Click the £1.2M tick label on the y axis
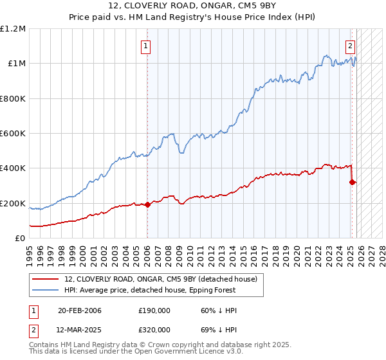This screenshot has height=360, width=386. pyautogui.click(x=14, y=29)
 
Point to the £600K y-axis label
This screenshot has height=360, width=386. pyautogui.click(x=13, y=134)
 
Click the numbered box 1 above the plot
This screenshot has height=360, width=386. pyautogui.click(x=147, y=46)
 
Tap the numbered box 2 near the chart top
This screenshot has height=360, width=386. pyautogui.click(x=351, y=46)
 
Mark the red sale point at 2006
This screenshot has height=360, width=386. pyautogui.click(x=147, y=205)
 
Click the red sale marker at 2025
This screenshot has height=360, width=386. pyautogui.click(x=352, y=182)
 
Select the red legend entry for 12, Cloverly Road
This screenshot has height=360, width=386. pyautogui.click(x=160, y=279)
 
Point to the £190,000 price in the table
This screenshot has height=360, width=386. pyautogui.click(x=154, y=311)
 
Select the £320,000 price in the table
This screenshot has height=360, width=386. pyautogui.click(x=154, y=329)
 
